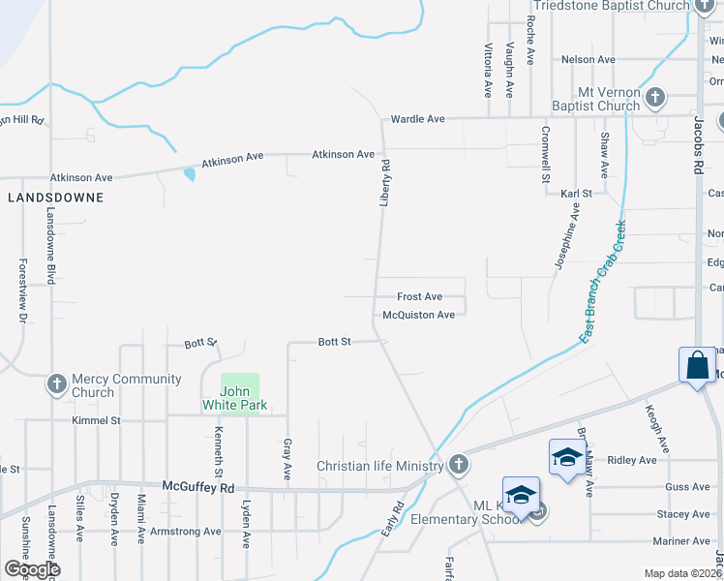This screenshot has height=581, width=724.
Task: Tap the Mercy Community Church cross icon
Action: [57, 384]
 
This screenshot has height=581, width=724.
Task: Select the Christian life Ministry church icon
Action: [459, 466]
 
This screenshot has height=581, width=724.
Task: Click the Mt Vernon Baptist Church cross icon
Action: [655, 97]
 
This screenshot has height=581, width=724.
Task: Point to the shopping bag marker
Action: [697, 366]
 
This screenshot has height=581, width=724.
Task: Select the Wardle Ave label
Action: [417, 119]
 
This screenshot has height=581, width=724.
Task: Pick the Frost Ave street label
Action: [420, 296]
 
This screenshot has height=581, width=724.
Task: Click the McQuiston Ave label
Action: [418, 315]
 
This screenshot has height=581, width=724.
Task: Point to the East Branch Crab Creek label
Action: [602, 282]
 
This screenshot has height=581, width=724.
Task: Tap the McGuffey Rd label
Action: [198, 487]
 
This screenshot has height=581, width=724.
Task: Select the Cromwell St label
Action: [545, 154]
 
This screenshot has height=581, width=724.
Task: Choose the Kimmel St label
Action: [96, 421]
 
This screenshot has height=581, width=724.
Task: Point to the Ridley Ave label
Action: [631, 460]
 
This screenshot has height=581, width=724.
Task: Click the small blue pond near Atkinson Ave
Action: [189, 175]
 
